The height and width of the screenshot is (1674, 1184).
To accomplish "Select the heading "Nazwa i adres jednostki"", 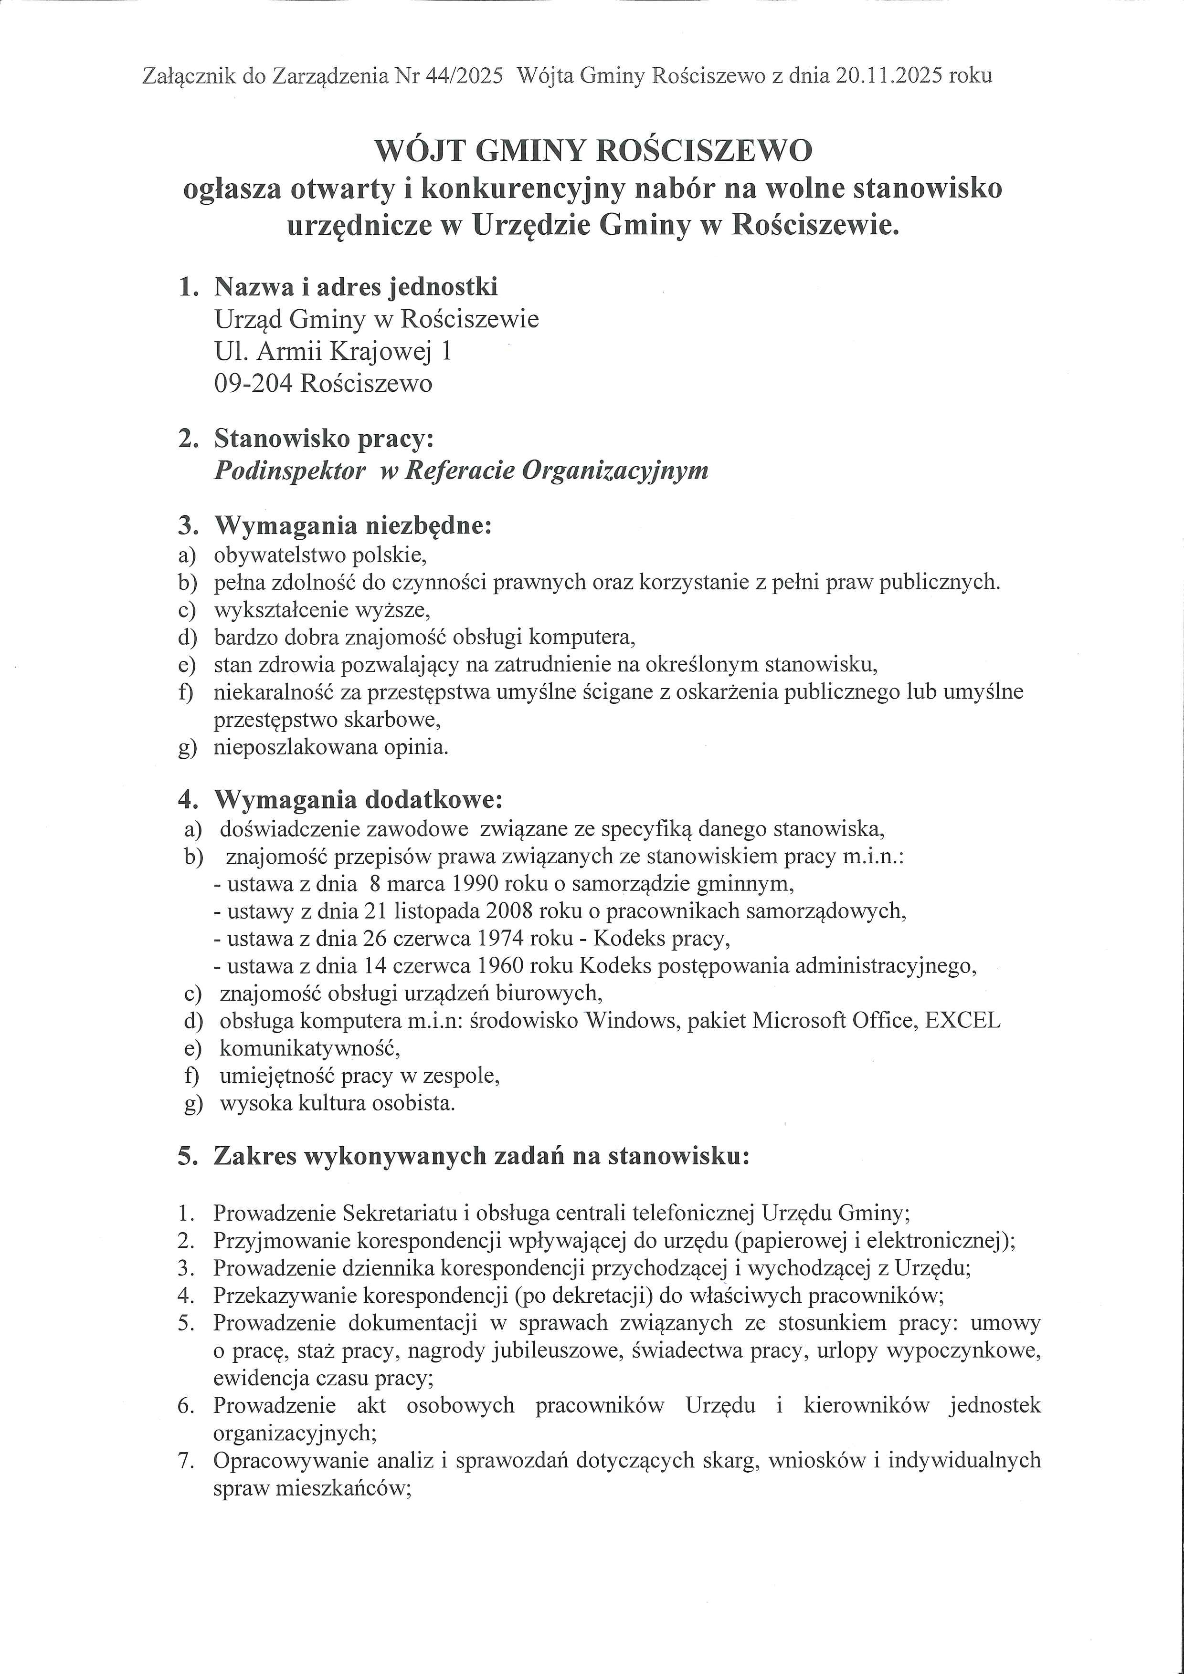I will point(356,286).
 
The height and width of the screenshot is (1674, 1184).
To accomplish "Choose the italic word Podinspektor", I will point(290,471).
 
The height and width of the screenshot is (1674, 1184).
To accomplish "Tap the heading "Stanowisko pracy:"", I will point(324,439).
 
